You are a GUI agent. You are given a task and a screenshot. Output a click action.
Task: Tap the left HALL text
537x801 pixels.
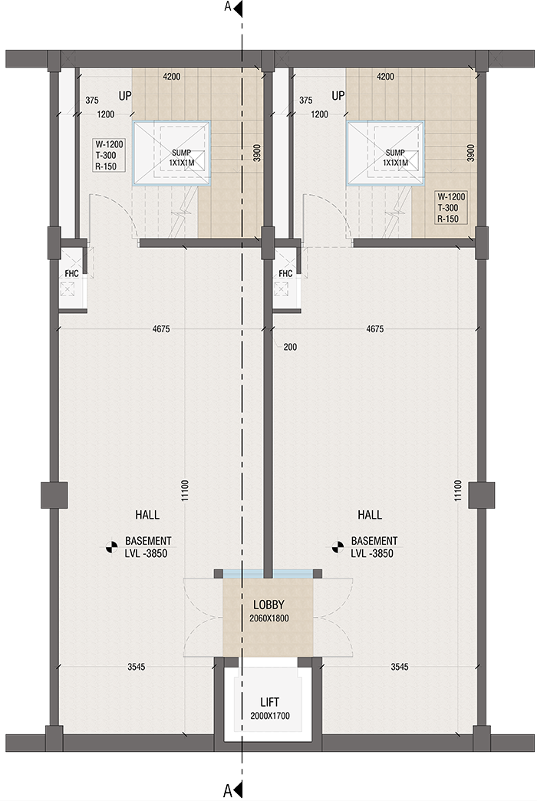(147, 515)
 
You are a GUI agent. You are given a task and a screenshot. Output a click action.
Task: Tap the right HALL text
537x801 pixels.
(369, 515)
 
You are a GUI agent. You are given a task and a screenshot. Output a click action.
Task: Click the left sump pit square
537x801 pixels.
(172, 153)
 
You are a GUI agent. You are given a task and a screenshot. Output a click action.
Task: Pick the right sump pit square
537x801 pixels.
(384, 153)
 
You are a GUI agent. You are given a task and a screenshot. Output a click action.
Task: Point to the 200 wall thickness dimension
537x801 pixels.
(290, 347)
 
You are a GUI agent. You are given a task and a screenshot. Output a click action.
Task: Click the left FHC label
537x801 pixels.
(72, 273)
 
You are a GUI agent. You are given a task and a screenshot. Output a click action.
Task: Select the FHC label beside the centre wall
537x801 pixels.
(285, 273)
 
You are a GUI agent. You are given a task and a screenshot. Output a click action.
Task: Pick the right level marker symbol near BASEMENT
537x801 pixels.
(336, 547)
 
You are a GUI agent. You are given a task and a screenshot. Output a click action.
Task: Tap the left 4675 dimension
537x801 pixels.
(162, 329)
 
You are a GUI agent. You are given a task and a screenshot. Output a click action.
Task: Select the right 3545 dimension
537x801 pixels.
(399, 667)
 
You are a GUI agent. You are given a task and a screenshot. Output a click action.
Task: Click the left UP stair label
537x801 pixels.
(126, 96)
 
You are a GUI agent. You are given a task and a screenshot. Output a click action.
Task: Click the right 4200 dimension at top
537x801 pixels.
(385, 77)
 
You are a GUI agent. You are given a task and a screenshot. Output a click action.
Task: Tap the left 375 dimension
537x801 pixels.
(92, 101)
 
